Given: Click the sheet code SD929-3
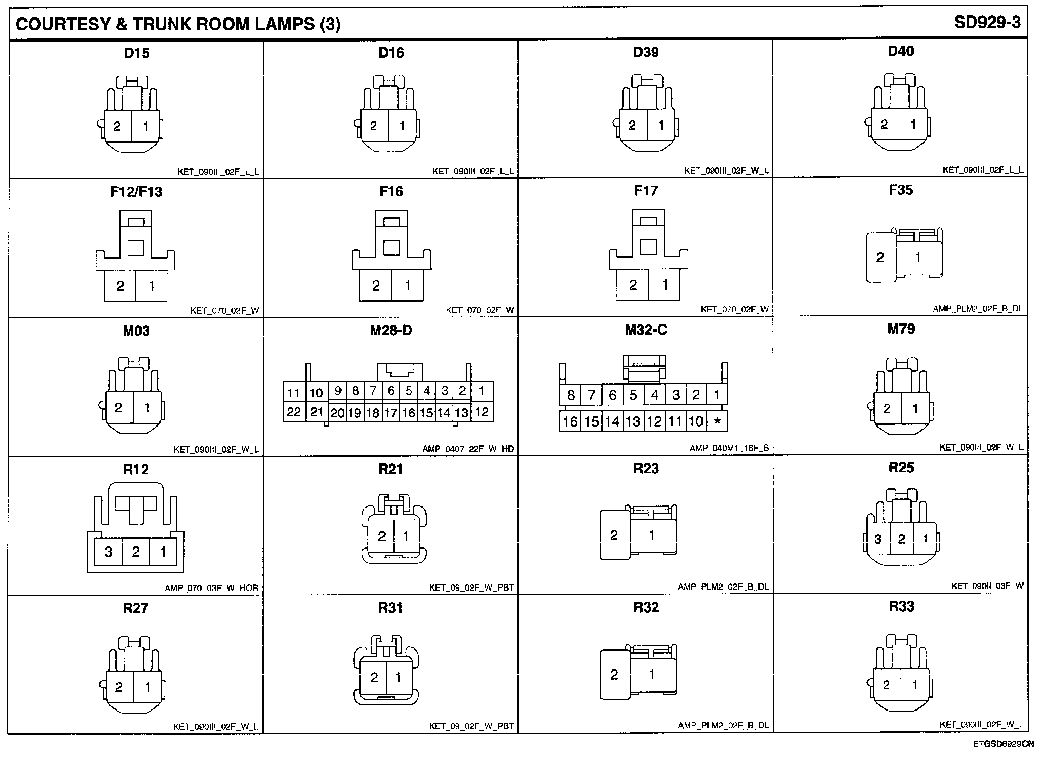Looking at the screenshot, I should [x=987, y=23].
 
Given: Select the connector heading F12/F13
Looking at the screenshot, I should [x=136, y=192].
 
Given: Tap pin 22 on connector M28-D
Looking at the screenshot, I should [x=294, y=412].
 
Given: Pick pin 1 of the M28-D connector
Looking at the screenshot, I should [x=482, y=391].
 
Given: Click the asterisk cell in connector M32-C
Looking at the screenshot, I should [x=717, y=421].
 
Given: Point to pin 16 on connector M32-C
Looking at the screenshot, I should [x=570, y=421].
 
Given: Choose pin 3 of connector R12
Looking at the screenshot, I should [x=108, y=552].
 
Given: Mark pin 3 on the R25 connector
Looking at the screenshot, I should [x=878, y=539].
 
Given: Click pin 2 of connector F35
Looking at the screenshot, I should [x=880, y=258].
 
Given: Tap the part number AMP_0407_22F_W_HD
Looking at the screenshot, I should [x=468, y=449].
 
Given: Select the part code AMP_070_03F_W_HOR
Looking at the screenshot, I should [x=211, y=588].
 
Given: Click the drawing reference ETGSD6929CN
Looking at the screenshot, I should [x=1003, y=744].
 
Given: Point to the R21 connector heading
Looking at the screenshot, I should [x=390, y=469].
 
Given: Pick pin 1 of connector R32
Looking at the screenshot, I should [x=652, y=675].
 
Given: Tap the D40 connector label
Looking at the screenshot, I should [x=900, y=51].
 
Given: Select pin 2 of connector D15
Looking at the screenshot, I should [x=117, y=126].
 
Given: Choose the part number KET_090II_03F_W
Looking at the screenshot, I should [x=987, y=586].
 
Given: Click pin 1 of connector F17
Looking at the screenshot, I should [x=665, y=285].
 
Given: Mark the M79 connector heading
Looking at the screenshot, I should [x=900, y=329].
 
